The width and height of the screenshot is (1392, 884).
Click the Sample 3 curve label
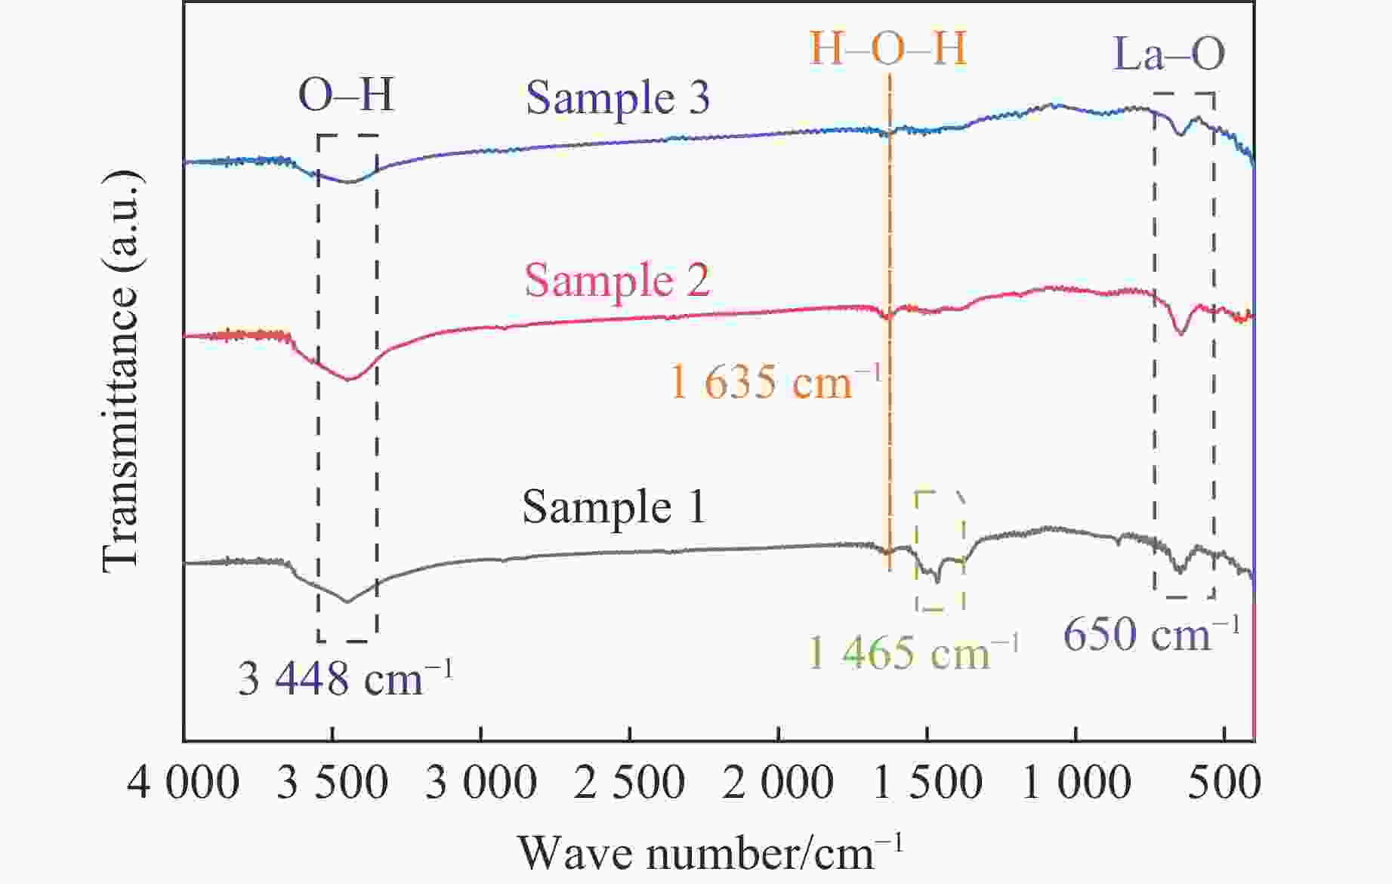618,98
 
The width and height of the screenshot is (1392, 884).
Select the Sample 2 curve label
617,281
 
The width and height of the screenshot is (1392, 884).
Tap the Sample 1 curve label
613,507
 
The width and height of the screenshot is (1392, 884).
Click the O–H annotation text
347,96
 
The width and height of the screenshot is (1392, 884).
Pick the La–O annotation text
1169,54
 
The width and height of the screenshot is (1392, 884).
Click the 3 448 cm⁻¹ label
346,678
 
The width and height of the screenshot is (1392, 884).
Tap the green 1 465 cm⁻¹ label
913,651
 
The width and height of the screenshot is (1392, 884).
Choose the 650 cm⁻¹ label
1151,634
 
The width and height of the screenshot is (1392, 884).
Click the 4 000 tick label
184,783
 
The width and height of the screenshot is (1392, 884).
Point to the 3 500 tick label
332,783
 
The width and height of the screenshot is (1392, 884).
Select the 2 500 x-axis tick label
629,783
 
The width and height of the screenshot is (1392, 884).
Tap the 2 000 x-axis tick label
778,783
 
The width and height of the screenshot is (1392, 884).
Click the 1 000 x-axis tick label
1076,783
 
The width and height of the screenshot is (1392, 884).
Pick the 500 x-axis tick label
1224,783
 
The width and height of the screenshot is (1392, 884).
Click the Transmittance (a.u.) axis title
121,370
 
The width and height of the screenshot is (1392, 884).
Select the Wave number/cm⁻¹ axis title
710,853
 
